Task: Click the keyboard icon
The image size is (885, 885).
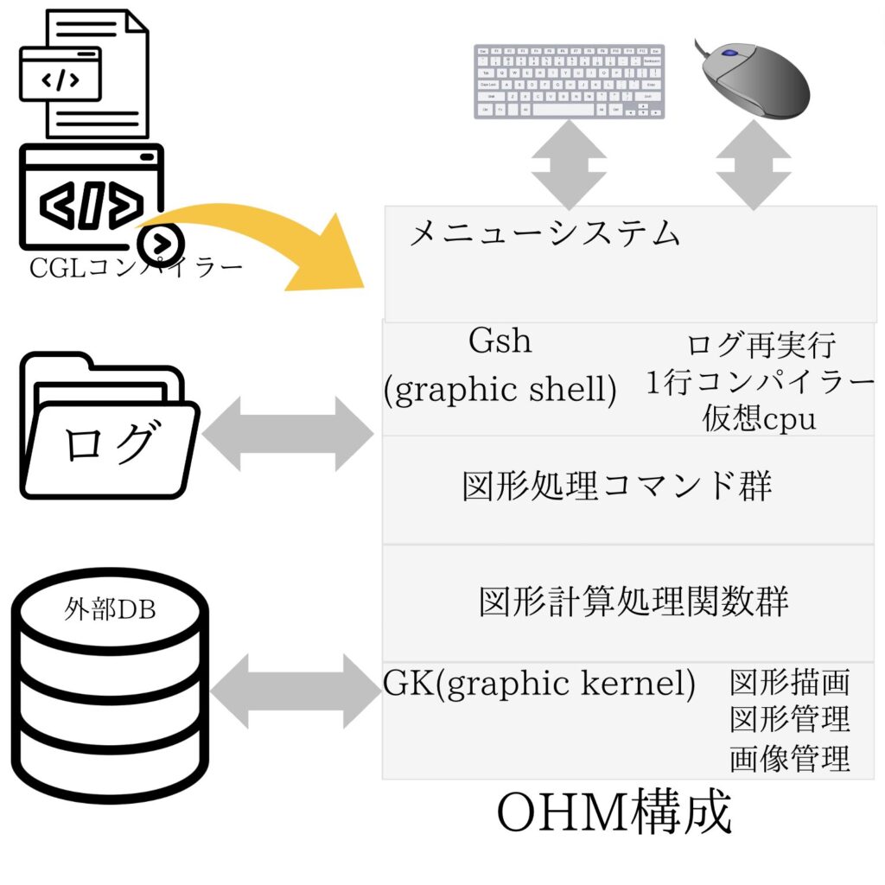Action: click(x=569, y=81)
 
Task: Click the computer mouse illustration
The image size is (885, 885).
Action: click(x=754, y=79)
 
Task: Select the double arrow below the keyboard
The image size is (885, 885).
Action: click(x=569, y=164)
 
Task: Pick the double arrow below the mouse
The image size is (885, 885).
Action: click(x=754, y=164)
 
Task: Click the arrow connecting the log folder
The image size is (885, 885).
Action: click(x=288, y=434)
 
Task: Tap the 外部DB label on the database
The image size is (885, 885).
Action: click(x=110, y=609)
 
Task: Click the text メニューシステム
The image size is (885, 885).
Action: click(x=544, y=233)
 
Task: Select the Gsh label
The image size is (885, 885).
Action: click(x=500, y=341)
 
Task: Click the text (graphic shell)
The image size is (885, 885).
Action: click(x=500, y=390)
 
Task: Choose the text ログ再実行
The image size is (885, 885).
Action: click(x=761, y=345)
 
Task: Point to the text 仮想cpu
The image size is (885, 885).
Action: click(x=759, y=418)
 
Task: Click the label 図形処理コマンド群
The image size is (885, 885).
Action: click(x=617, y=486)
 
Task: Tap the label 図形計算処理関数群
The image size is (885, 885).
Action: click(x=634, y=602)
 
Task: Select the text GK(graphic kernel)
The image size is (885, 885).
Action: click(x=539, y=684)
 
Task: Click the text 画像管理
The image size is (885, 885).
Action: click(x=790, y=758)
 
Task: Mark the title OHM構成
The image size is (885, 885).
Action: click(x=614, y=812)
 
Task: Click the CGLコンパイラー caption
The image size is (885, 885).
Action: click(x=136, y=268)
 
